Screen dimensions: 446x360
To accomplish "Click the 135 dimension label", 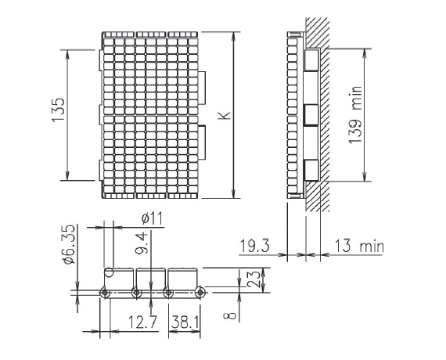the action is (59, 110).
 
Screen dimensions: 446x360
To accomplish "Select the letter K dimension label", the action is (225, 115).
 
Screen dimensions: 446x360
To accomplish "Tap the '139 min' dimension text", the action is (355, 115).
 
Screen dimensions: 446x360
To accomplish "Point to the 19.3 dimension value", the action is (254, 246).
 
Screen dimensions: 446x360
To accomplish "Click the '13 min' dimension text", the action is (358, 247).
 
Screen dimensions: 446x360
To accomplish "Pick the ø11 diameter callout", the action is (152, 219).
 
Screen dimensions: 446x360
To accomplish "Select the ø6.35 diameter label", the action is (70, 245).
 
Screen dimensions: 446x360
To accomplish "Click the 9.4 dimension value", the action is (142, 243).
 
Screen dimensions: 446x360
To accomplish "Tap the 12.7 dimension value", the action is (142, 322).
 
